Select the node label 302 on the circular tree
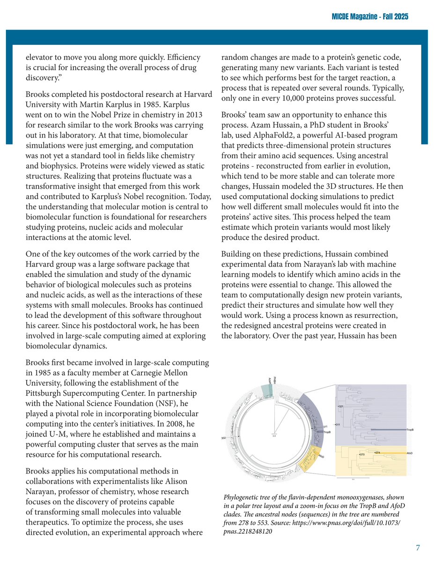(224, 438)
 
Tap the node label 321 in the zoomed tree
(341, 406)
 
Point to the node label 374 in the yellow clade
(378, 452)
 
